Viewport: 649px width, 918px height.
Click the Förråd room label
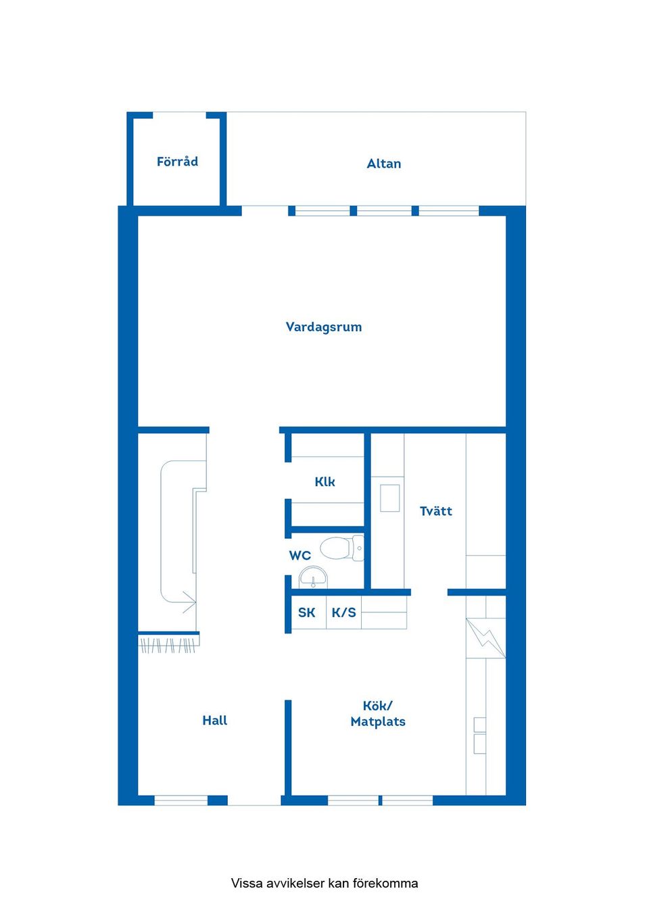177,162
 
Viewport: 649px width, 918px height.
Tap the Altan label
383,164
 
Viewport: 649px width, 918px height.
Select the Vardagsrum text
323,327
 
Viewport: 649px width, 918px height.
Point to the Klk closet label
324,482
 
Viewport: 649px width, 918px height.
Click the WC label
299,556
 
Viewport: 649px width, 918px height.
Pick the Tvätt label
435,511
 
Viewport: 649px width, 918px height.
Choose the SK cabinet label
306,612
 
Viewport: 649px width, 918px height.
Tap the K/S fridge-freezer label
343,612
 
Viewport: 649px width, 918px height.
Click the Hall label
214,721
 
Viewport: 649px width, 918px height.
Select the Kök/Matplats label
378,714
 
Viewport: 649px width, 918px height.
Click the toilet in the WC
341,548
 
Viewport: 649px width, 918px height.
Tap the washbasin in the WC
313,578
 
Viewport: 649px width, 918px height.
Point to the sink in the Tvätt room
389,498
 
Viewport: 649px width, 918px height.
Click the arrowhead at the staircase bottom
189,601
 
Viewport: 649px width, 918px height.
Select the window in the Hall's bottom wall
181,800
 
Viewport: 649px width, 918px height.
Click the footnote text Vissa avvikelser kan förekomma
324,883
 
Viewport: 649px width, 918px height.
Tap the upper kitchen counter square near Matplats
479,725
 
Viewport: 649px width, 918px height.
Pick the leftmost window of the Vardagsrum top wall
322,211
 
